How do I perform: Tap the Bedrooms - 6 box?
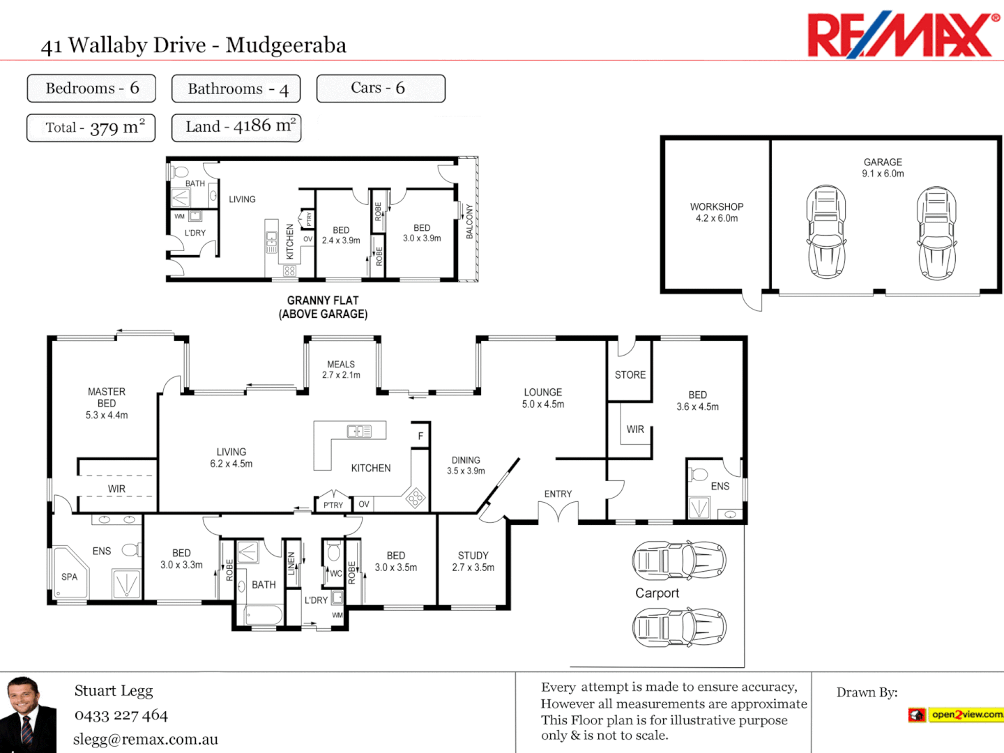click(x=91, y=89)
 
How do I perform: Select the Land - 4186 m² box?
click(x=236, y=128)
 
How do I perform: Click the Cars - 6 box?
click(x=381, y=89)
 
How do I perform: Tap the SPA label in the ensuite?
click(x=69, y=577)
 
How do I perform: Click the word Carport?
click(x=657, y=593)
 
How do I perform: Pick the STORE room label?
click(x=630, y=375)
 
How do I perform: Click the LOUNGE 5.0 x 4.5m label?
click(x=543, y=398)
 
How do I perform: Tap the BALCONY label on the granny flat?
click(x=469, y=222)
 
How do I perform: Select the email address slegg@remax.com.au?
click(x=146, y=740)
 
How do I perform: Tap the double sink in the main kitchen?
click(x=359, y=432)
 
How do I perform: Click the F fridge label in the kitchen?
click(x=420, y=436)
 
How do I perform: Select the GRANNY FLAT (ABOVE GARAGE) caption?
click(x=323, y=307)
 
